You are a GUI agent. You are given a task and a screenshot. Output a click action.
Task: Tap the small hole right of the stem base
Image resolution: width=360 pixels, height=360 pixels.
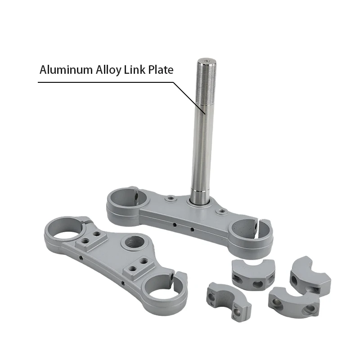220,211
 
